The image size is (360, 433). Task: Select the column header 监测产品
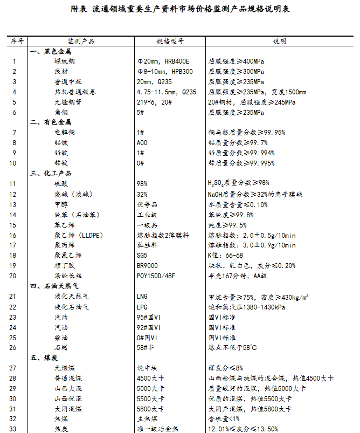click(81, 41)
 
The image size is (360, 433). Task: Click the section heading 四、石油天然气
click(54, 286)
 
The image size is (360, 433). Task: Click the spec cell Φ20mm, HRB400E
click(163, 61)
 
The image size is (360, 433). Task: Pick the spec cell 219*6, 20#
click(154, 102)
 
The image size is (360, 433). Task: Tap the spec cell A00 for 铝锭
click(142, 143)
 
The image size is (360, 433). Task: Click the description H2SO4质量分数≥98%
click(238, 184)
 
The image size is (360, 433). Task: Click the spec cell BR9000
click(148, 265)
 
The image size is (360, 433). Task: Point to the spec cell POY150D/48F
click(156, 276)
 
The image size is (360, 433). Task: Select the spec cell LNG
click(143, 296)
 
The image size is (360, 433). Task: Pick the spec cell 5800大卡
click(150, 408)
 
